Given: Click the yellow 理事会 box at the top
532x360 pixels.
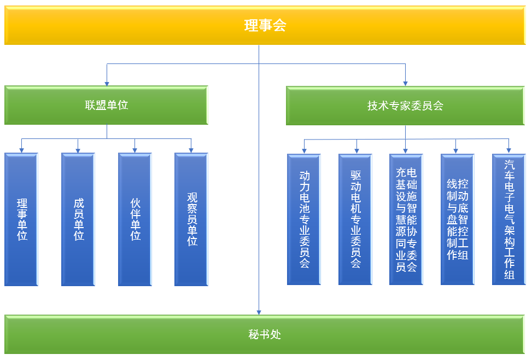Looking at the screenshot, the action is tap(265, 25).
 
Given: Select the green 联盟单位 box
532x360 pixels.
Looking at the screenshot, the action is tap(106, 105).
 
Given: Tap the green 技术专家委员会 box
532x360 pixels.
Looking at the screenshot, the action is tap(405, 106).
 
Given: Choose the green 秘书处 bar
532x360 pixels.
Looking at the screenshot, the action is tap(265, 334).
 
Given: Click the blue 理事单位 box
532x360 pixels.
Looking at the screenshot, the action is tap(21, 219).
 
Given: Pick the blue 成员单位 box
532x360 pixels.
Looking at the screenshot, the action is tap(78, 219).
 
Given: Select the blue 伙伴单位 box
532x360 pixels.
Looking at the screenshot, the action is tap(135, 219).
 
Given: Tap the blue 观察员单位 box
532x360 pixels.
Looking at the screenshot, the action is tap(191, 219).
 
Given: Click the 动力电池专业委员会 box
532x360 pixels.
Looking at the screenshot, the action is tap(304, 219).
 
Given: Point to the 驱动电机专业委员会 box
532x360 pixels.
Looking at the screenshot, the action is tap(355, 219).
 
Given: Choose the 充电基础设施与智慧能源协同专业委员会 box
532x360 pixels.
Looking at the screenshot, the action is tap(406, 219).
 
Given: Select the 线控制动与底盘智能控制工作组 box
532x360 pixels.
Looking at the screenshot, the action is tap(457, 219).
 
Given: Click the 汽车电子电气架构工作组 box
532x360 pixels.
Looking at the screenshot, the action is tap(509, 219).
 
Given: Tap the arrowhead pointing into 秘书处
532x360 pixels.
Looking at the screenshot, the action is tap(259, 312).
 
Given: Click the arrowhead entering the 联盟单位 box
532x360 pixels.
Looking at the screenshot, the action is tap(107, 84).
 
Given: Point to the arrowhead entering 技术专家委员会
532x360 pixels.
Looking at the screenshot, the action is tap(405, 84).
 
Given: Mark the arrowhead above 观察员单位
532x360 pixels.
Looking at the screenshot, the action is tap(191, 150).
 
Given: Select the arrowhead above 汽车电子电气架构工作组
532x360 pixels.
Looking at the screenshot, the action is tap(508, 150).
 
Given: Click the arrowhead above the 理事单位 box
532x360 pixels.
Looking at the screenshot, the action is tap(22, 150).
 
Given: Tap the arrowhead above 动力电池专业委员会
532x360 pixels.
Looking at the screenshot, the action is tap(304, 151).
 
